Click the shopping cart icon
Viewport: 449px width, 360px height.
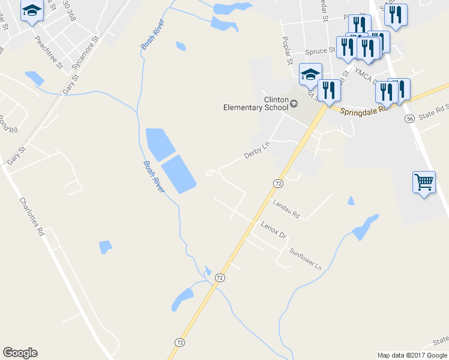click(424, 182)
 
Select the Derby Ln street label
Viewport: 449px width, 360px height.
click(258, 151)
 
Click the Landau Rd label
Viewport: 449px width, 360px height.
click(286, 209)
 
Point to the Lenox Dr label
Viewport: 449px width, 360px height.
click(274, 229)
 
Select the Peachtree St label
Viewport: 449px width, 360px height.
click(48, 53)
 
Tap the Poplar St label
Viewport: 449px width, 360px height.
click(286, 49)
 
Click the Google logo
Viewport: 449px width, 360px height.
click(20, 353)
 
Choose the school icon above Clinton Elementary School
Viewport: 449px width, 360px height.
click(310, 74)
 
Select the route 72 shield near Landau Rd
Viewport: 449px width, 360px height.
click(277, 182)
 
